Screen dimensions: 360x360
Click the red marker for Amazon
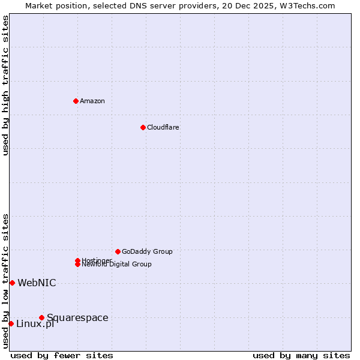(76, 101)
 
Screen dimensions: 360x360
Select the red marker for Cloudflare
(143, 127)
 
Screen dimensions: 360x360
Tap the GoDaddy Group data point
(118, 251)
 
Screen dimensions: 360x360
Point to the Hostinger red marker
(77, 260)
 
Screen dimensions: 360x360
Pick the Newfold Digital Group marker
(77, 264)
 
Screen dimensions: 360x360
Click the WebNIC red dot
(12, 283)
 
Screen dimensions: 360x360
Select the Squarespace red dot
(41, 317)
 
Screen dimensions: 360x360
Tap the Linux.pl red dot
(11, 323)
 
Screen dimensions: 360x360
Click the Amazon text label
(92, 101)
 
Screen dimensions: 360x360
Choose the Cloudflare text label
(163, 127)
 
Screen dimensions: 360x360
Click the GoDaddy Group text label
(147, 251)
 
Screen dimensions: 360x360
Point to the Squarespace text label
(77, 317)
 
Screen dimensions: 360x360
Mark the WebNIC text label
(37, 283)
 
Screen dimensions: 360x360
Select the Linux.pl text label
(35, 324)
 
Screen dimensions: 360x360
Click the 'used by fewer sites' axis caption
(62, 355)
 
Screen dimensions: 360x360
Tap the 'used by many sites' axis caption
(301, 355)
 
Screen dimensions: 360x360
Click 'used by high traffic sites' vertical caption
(5, 85)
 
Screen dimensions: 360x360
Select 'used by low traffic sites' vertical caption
(5, 281)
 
